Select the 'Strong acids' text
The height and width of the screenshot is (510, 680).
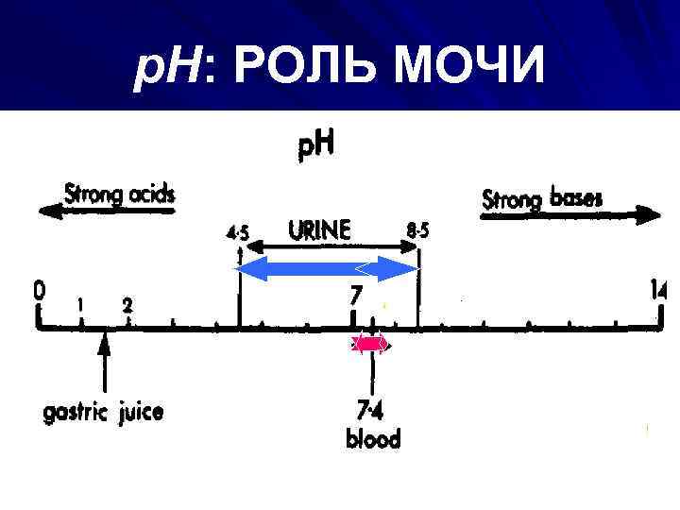[120, 195]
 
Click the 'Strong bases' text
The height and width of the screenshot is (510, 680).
[543, 199]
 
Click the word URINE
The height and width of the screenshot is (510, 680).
[319, 229]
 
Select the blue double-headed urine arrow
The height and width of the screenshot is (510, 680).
[327, 270]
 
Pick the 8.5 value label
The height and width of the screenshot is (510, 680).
[416, 230]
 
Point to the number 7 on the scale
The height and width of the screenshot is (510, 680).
[355, 296]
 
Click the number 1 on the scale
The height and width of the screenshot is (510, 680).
[82, 305]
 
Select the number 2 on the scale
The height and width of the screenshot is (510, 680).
[127, 305]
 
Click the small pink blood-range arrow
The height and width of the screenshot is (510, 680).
[369, 345]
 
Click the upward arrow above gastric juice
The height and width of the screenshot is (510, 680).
[105, 363]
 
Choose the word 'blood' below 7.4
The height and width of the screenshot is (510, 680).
[373, 438]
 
